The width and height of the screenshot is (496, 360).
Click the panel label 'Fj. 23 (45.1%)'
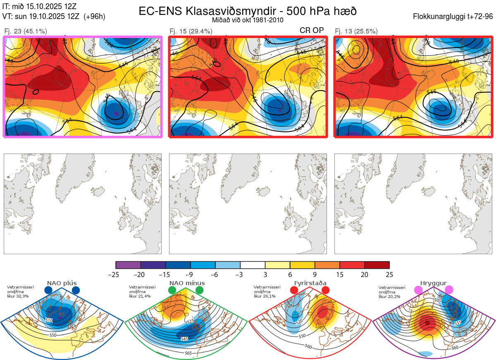(x=25, y=31)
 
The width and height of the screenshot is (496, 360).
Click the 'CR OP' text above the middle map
(x=312, y=31)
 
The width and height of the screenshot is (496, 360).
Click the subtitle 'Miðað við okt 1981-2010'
(x=248, y=20)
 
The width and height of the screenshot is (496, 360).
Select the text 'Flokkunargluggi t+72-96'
(x=453, y=17)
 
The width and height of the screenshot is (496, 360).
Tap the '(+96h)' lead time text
(x=94, y=17)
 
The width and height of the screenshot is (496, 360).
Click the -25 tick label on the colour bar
(x=116, y=274)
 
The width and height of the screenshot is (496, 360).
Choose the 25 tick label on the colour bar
(x=389, y=274)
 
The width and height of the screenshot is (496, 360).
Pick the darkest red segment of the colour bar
(x=377, y=265)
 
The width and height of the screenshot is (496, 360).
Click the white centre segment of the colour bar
(x=253, y=265)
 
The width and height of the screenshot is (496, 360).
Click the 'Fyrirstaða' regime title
(x=310, y=283)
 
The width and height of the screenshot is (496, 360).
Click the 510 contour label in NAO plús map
(x=49, y=320)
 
